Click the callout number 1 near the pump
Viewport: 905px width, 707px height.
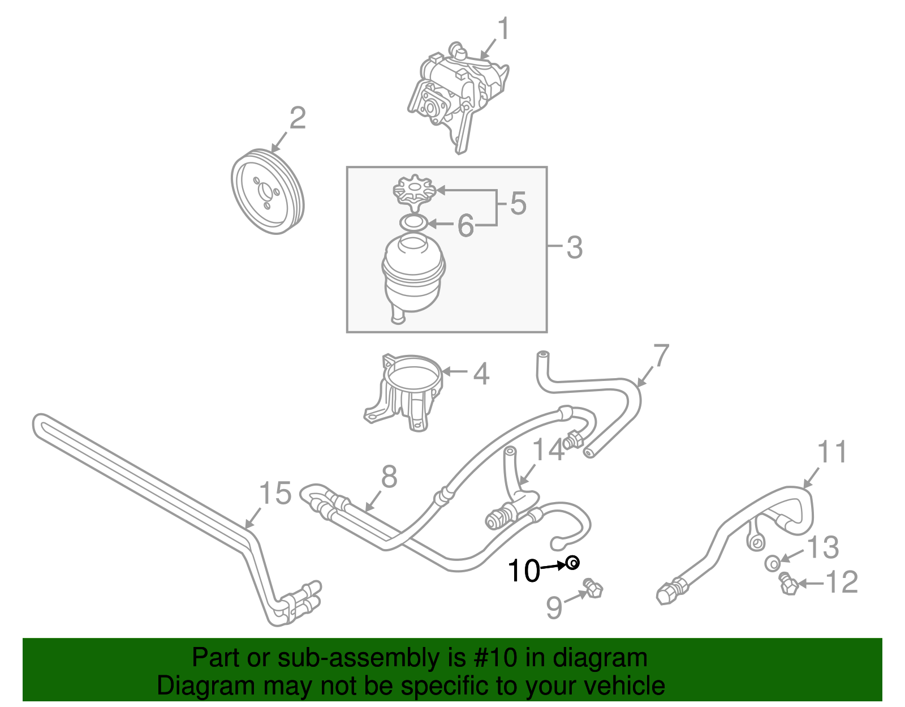(x=503, y=29)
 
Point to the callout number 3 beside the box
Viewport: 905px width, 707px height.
(x=574, y=247)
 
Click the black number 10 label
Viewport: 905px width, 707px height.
(x=524, y=570)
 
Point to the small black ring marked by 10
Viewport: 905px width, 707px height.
(x=572, y=563)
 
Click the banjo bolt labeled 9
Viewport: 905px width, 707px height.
(x=593, y=589)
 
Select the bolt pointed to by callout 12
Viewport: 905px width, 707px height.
(x=788, y=584)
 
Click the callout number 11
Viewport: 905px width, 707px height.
(x=833, y=452)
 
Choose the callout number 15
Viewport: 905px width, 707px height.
(x=275, y=493)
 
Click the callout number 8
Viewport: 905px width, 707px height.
(x=389, y=477)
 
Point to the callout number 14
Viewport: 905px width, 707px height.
(x=548, y=449)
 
